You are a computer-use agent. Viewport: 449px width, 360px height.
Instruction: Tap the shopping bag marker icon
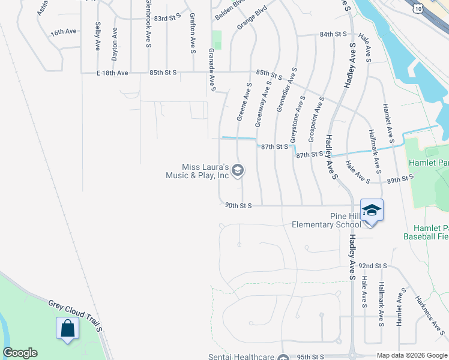coord(67,329)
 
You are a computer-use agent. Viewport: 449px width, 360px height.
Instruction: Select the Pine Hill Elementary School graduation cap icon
coord(372,210)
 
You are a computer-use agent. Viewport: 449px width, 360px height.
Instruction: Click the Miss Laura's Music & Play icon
coord(238,171)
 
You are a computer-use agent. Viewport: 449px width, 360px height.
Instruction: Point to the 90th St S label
coord(238,205)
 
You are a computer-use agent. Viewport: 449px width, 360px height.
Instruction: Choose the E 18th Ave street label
coord(112,73)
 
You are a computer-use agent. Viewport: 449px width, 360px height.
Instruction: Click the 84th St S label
coord(334,35)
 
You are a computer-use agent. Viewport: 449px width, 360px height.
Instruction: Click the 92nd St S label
coord(373,265)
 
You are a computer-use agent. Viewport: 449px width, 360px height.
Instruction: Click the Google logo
coord(20,353)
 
